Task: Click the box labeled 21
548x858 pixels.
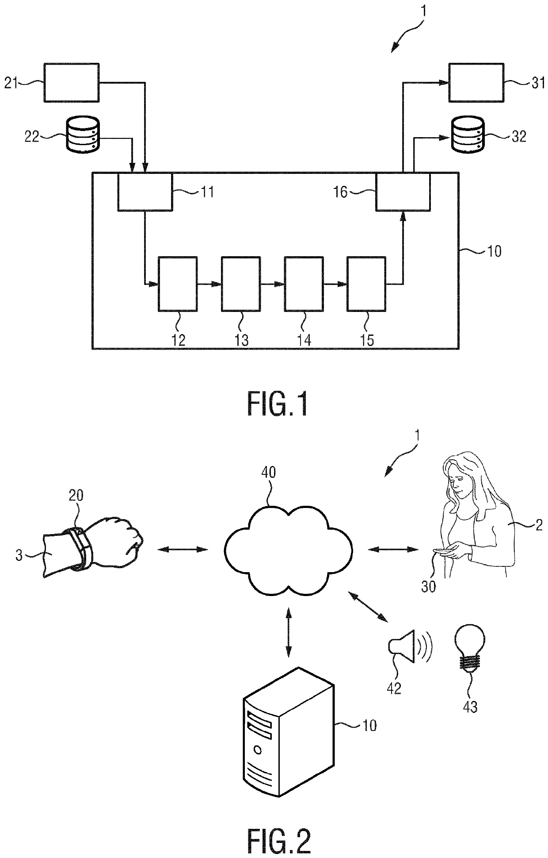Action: point(71,83)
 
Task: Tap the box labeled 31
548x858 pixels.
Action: point(476,83)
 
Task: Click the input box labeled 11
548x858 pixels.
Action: point(145,191)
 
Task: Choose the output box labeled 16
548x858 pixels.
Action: point(403,191)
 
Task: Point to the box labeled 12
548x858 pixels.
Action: point(178,284)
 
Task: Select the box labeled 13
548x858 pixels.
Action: point(241,284)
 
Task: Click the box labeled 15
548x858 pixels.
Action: point(366,284)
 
